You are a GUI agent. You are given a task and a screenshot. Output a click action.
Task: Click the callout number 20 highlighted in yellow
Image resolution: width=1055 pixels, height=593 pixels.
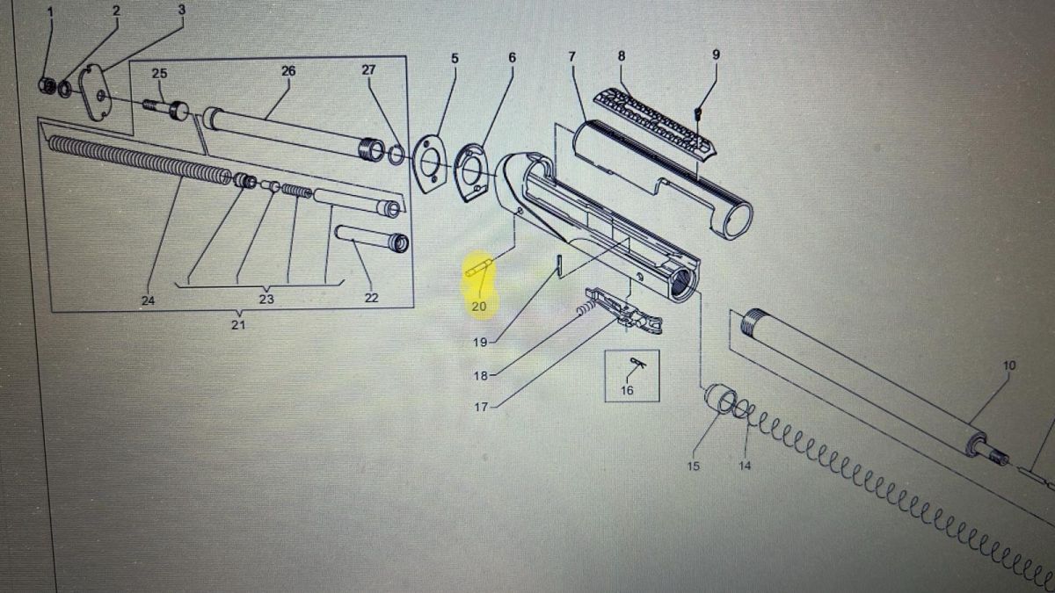point(478,307)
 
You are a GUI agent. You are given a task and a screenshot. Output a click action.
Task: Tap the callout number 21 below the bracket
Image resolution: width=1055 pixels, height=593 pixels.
point(238,325)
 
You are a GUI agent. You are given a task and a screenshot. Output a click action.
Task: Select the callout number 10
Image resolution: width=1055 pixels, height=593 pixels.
point(1009,365)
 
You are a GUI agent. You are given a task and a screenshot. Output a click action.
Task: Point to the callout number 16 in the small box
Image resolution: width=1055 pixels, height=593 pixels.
point(627,390)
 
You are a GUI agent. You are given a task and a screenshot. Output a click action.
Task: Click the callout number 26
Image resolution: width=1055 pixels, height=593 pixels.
point(288,71)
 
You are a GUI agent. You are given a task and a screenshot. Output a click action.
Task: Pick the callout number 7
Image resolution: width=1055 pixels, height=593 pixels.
point(571,57)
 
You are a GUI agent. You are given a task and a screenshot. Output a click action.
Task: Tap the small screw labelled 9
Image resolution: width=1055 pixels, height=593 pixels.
point(698,112)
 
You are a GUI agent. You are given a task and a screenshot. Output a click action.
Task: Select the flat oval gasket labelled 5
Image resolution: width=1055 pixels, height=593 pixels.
point(429,164)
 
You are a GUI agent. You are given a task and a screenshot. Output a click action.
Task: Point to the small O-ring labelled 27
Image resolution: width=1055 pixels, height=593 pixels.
point(397,155)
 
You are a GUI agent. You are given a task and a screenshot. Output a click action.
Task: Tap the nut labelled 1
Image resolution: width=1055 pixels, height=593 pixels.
point(47,86)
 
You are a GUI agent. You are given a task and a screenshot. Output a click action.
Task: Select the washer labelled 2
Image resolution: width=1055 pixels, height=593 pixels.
point(65,89)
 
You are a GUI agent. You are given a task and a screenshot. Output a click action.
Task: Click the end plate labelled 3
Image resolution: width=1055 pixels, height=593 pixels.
point(95,93)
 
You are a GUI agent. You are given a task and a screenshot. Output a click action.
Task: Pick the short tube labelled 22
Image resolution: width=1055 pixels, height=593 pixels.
point(372,239)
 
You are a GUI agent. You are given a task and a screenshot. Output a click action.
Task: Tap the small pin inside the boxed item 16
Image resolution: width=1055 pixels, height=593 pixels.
point(637,363)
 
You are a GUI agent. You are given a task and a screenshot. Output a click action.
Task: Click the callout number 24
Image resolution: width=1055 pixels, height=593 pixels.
point(148,300)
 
